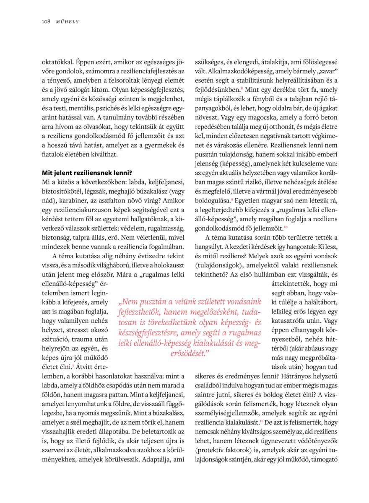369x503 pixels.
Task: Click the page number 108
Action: click(46, 21)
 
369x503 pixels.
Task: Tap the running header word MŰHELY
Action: click(68, 21)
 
